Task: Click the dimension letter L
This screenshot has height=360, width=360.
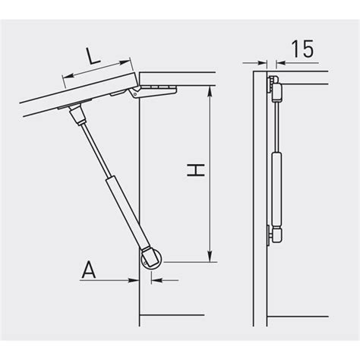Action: click(x=93, y=56)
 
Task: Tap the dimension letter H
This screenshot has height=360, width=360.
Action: click(x=196, y=170)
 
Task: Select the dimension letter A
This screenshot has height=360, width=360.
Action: click(x=89, y=270)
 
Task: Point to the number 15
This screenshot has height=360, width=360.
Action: click(x=302, y=49)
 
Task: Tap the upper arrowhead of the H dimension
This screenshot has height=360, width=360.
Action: click(x=210, y=92)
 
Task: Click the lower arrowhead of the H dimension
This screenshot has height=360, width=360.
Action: click(x=210, y=257)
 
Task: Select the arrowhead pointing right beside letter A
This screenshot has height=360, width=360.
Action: click(x=134, y=280)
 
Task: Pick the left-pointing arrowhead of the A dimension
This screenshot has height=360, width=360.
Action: click(x=156, y=280)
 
